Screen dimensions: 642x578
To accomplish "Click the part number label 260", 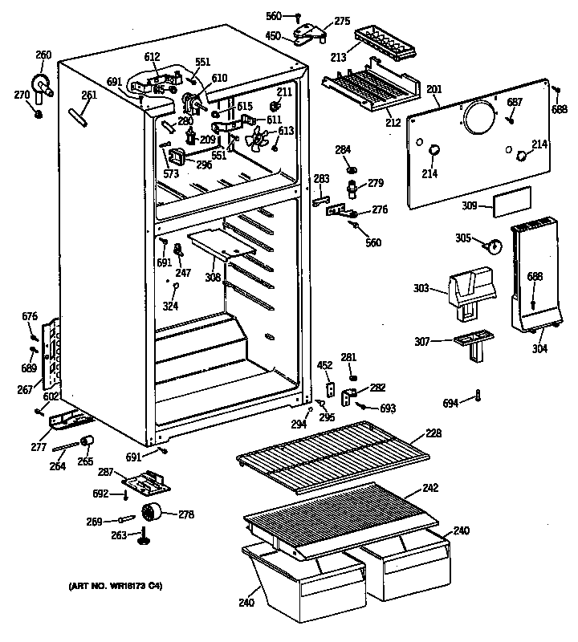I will pos(43,55).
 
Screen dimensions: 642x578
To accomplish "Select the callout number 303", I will pos(425,287).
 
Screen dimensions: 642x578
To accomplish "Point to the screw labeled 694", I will pos(478,394).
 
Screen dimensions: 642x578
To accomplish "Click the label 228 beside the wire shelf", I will pos(433,434).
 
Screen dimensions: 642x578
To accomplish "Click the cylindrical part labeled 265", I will pos(88,442).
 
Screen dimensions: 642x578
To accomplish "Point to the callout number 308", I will pos(213,278).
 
